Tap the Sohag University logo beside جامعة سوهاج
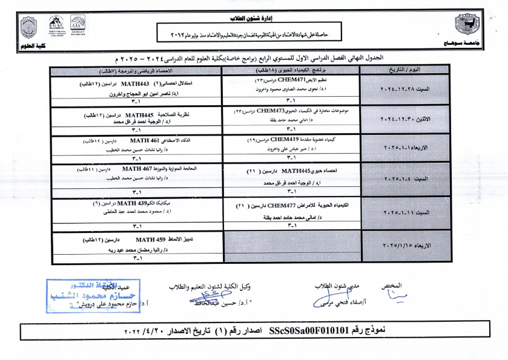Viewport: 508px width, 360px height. pyautogui.click(x=467, y=25)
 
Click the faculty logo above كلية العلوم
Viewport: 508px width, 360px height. pyautogui.click(x=28, y=27)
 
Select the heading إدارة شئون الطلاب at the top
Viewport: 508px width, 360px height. pyautogui.click(x=254, y=20)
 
